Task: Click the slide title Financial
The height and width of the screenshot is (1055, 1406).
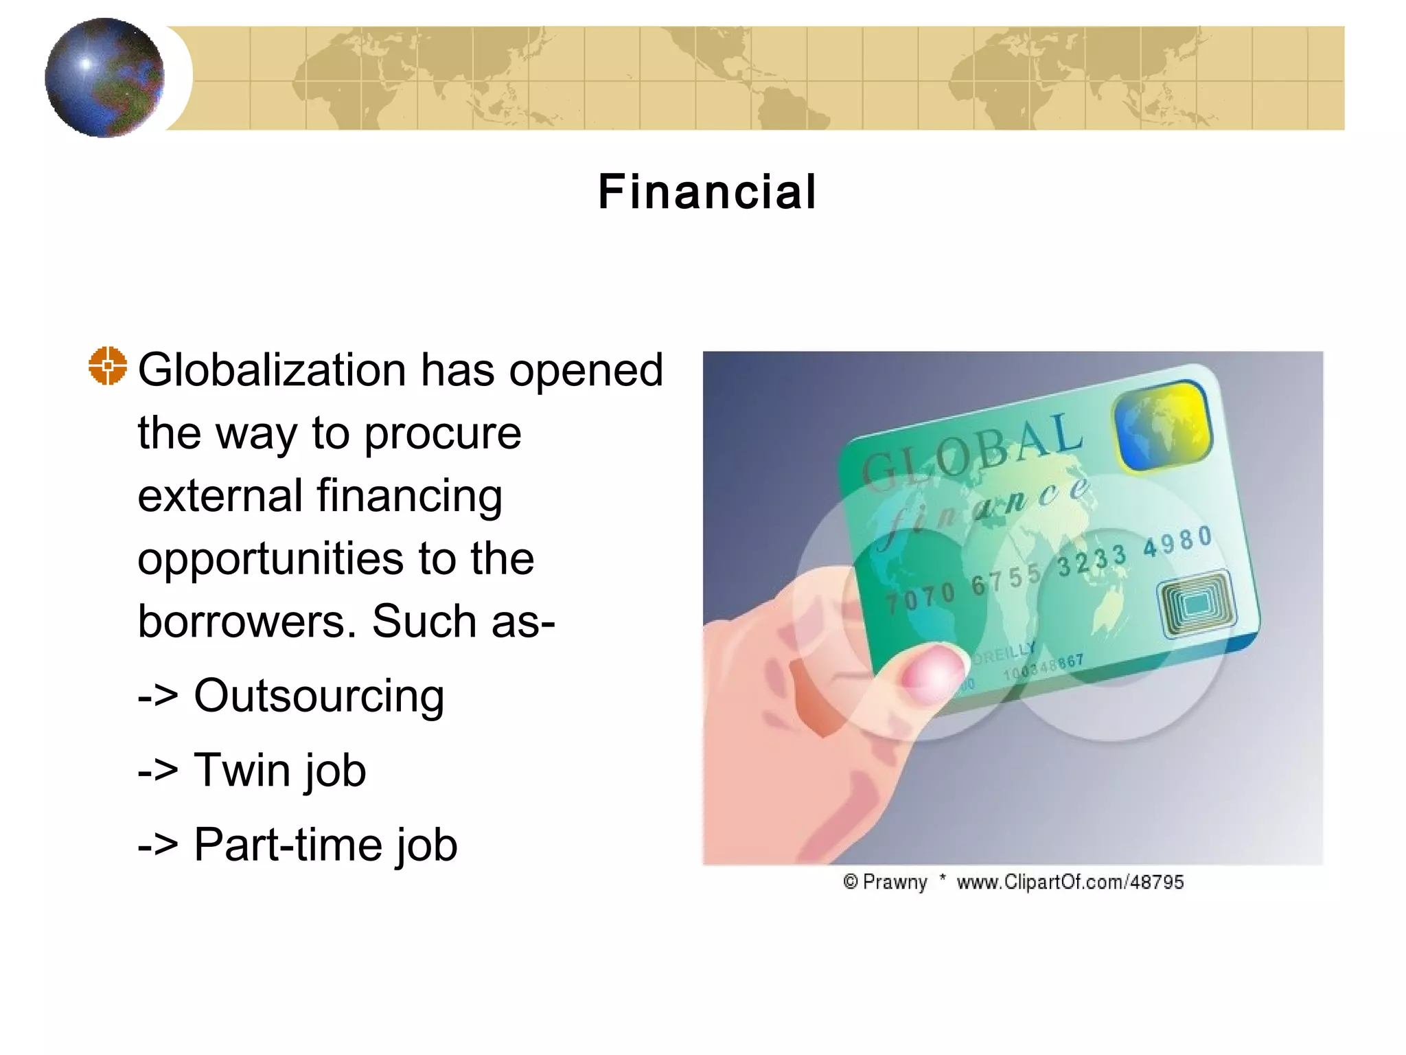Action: pyautogui.click(x=707, y=192)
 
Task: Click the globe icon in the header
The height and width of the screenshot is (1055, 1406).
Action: pyautogui.click(x=104, y=78)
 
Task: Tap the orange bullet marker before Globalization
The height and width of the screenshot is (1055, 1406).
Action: pyautogui.click(x=108, y=366)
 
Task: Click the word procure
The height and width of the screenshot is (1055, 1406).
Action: pyautogui.click(x=442, y=433)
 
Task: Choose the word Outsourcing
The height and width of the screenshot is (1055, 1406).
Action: pyautogui.click(x=319, y=696)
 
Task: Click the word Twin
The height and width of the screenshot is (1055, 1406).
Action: pyautogui.click(x=242, y=770)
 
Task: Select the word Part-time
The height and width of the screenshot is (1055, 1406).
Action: pyautogui.click(x=288, y=844)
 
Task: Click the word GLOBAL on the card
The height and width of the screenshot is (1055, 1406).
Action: pyautogui.click(x=971, y=450)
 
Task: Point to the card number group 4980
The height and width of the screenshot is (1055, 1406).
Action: pyautogui.click(x=1177, y=542)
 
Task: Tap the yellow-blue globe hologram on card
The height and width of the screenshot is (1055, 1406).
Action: pyautogui.click(x=1163, y=426)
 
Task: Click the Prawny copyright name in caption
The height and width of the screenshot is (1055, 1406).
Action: pyautogui.click(x=895, y=882)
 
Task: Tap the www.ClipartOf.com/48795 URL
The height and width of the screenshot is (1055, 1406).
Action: pyautogui.click(x=1070, y=882)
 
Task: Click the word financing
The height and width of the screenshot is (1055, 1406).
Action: pyautogui.click(x=409, y=497)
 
